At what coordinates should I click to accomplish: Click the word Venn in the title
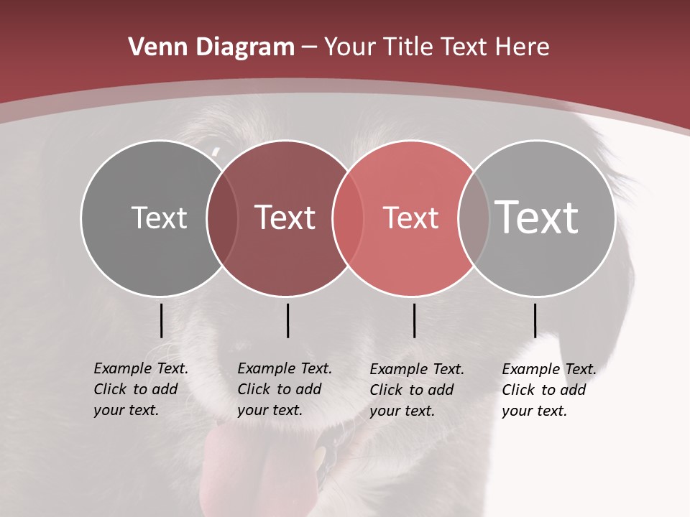point(153,47)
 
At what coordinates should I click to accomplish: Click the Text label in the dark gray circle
point(159,218)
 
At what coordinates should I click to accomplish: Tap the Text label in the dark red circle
point(285,218)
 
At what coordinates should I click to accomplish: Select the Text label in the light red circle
point(410,218)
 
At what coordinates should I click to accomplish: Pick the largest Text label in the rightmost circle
point(537,218)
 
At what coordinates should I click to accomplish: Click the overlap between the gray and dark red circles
point(222,218)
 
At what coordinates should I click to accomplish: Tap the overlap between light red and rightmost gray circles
point(474,218)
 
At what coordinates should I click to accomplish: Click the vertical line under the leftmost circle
point(162,320)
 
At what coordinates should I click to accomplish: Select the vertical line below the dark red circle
point(287,320)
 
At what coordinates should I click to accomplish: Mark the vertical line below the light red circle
point(414,320)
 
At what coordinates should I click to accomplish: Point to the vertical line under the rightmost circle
point(535,320)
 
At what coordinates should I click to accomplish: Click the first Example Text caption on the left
point(141,389)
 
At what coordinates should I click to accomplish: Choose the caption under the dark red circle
point(285,389)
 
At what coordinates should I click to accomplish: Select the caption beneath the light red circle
point(417,390)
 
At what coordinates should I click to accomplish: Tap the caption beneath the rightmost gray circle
point(549,390)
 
